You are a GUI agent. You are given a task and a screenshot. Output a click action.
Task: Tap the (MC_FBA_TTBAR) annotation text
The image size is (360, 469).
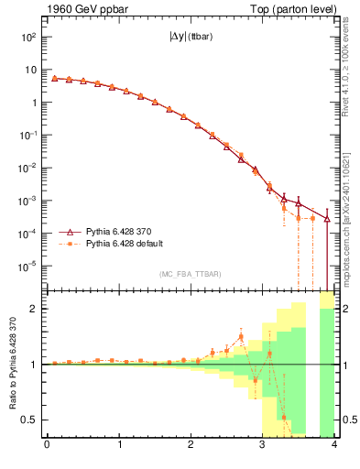point(190,275)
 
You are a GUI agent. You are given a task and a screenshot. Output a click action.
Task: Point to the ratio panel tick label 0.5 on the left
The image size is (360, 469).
point(31,420)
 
